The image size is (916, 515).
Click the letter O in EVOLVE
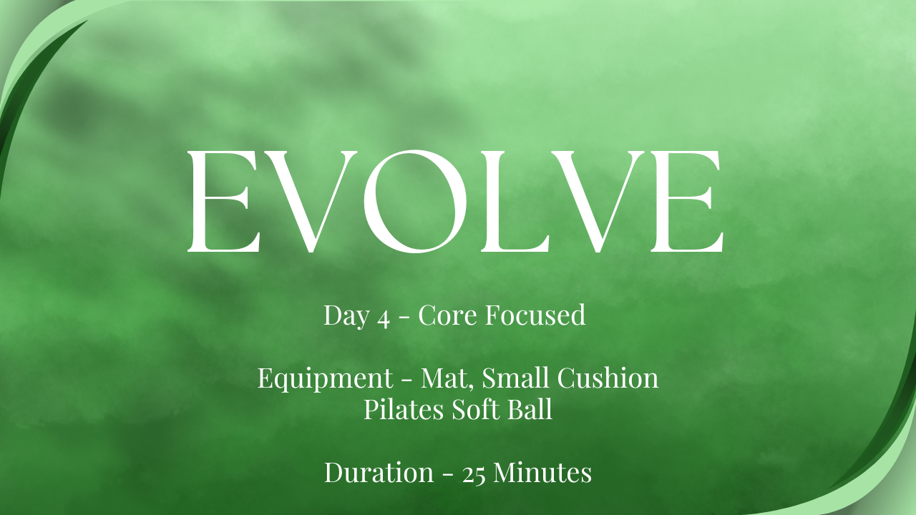(414, 201)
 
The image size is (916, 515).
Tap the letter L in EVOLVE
(515, 201)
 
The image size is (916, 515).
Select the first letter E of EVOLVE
(224, 201)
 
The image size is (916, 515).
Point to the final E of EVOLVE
(687, 201)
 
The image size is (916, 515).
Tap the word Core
(447, 315)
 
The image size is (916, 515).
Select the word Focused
(536, 315)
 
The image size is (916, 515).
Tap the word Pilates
(404, 408)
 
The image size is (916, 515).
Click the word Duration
(379, 472)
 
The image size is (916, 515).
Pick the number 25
(474, 475)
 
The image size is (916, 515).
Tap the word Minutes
(542, 472)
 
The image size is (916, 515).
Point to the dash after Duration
(448, 474)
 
